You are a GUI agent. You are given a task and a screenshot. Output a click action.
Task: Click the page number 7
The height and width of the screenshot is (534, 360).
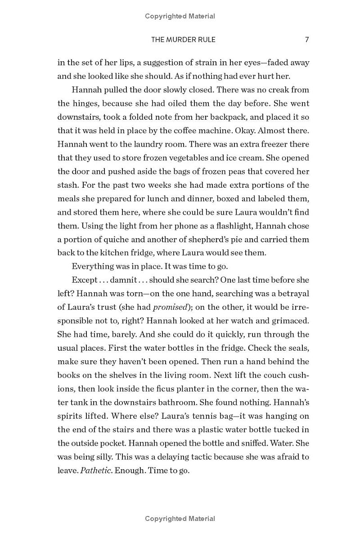click(x=307, y=40)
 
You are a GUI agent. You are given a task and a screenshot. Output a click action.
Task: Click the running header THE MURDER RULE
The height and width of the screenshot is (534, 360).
click(x=183, y=40)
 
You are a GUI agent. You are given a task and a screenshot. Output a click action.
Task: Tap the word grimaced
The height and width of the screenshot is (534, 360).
click(x=290, y=321)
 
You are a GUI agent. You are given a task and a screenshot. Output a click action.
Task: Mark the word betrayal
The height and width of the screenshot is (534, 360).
click(x=291, y=294)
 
